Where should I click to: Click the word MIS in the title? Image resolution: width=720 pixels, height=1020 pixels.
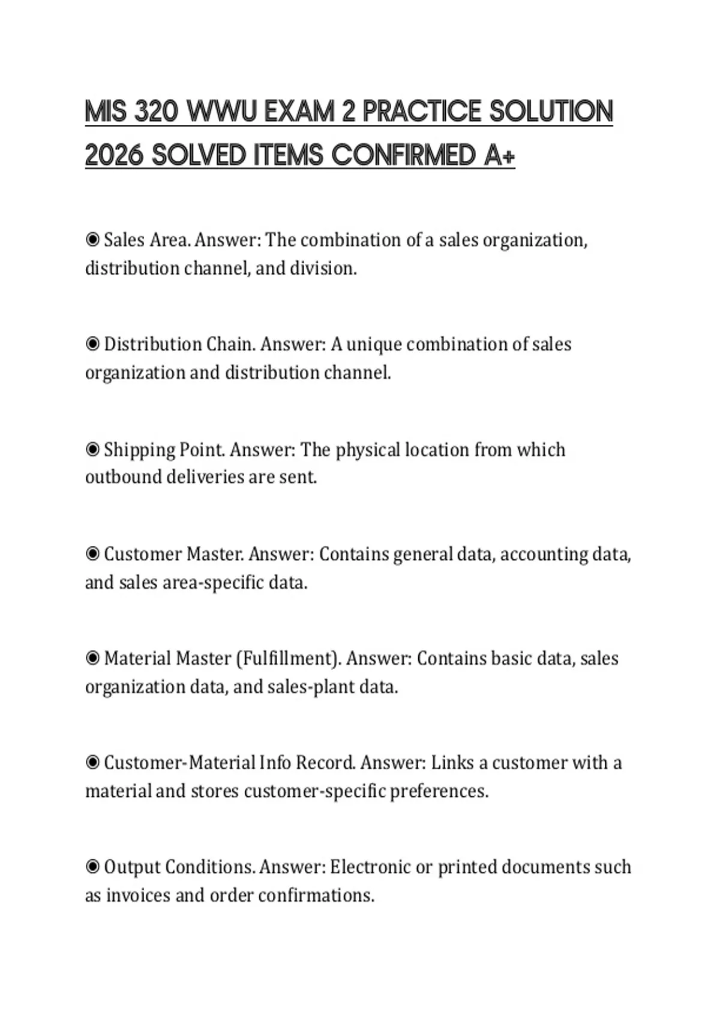click(106, 112)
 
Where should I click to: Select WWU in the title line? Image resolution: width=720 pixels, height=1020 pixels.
click(221, 112)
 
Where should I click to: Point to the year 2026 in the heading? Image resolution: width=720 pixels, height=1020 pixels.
click(114, 155)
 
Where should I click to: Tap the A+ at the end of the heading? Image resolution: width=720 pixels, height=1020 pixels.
click(499, 155)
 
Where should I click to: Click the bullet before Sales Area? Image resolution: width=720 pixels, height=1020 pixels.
click(92, 240)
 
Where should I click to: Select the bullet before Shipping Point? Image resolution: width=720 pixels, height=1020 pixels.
click(92, 449)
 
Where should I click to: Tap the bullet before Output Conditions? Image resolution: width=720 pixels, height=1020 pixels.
click(92, 867)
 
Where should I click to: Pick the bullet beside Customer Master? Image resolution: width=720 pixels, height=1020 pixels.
click(92, 554)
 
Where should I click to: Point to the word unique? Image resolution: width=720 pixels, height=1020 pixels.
click(374, 344)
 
